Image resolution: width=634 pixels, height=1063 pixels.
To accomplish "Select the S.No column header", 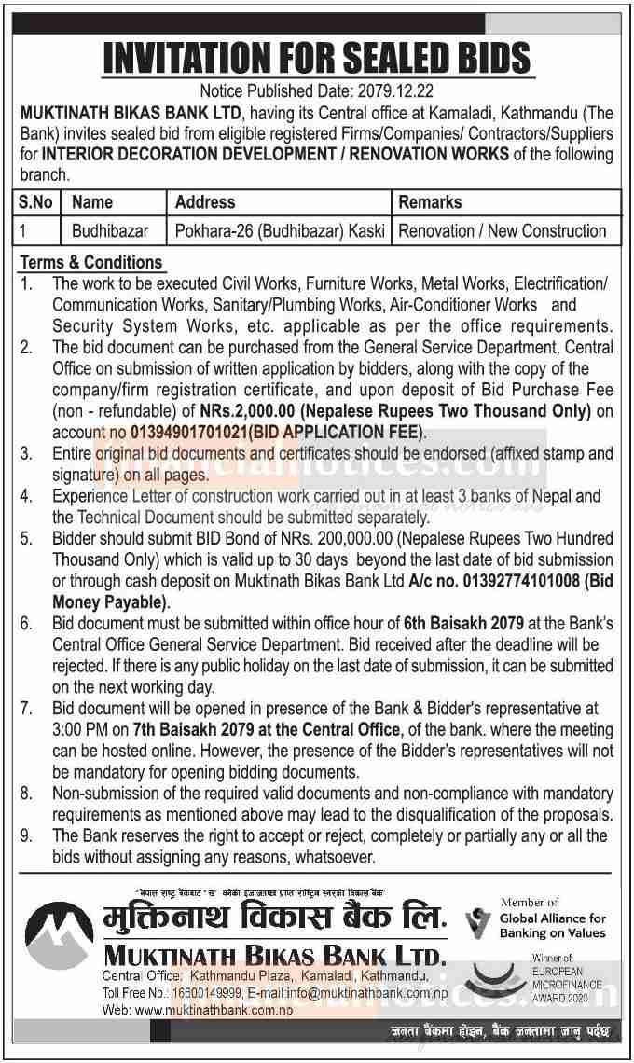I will pyautogui.click(x=37, y=202).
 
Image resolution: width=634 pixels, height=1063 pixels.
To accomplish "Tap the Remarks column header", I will pyautogui.click(x=430, y=202).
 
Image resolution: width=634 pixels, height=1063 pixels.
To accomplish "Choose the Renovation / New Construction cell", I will pyautogui.click(x=502, y=230).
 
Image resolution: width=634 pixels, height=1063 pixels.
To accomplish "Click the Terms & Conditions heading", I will pyautogui.click(x=91, y=262).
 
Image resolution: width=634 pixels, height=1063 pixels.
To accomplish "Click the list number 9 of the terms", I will pyautogui.click(x=28, y=836).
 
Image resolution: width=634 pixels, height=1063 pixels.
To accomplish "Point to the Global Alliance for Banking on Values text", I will pyautogui.click(x=552, y=925).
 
